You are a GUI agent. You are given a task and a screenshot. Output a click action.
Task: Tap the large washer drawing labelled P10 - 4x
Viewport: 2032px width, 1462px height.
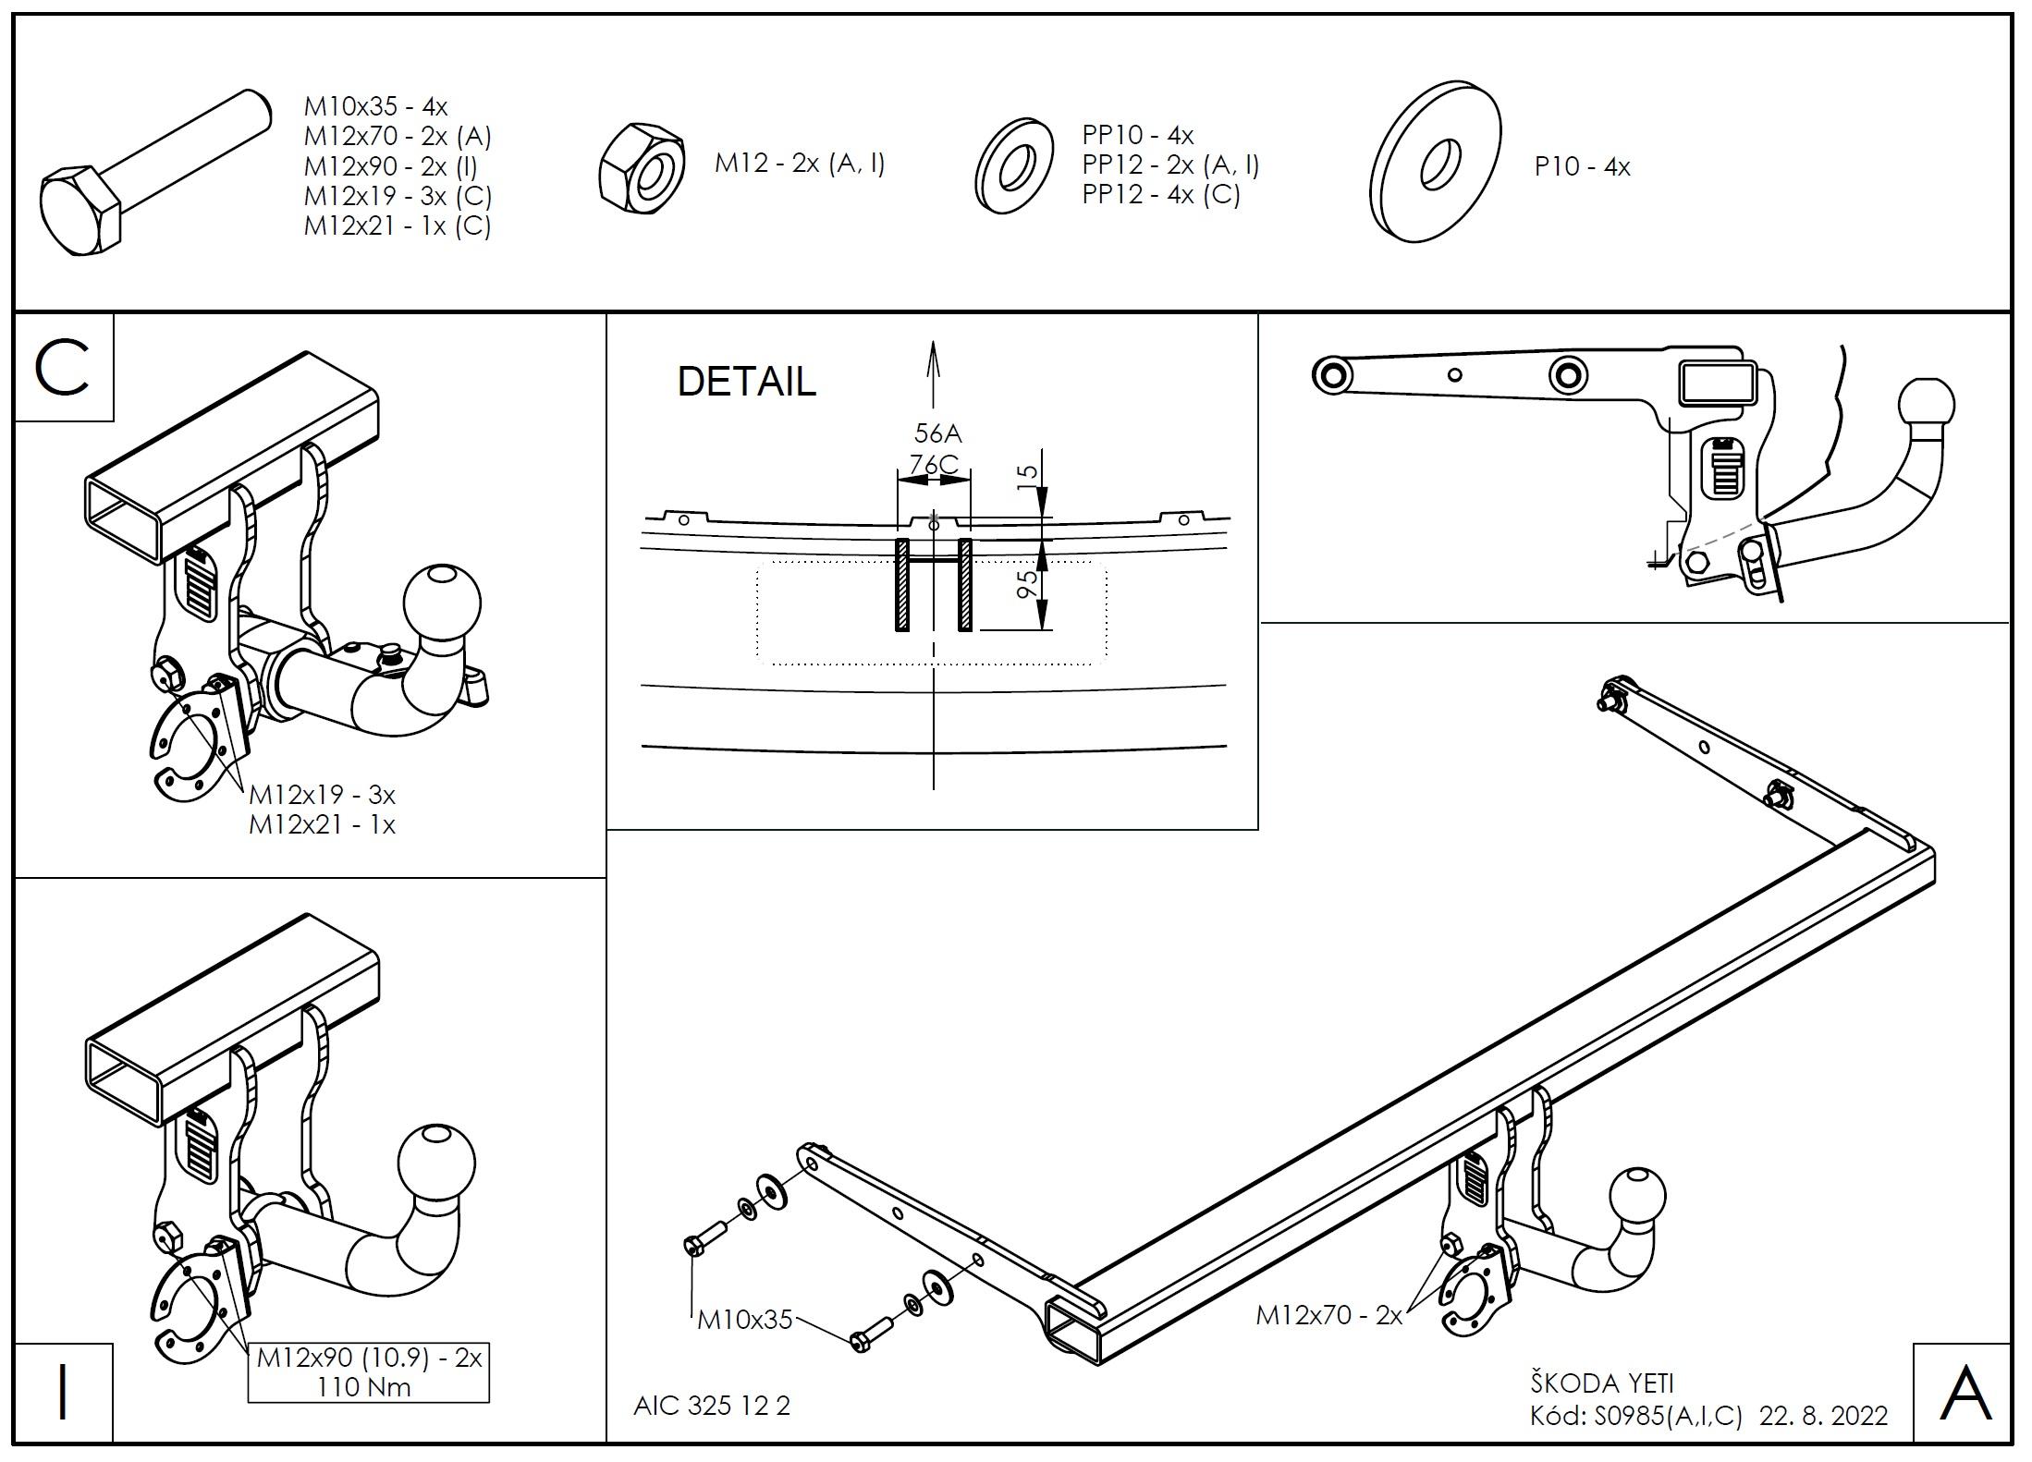[1435, 162]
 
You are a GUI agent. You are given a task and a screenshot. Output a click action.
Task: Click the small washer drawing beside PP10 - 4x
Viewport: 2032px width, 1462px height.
[1014, 166]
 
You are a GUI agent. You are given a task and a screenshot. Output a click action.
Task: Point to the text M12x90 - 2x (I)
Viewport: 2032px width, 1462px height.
[390, 166]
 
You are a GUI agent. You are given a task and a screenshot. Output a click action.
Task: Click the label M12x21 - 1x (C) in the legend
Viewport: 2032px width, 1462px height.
[397, 225]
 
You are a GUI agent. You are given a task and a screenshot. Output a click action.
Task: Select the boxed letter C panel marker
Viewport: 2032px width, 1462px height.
[63, 368]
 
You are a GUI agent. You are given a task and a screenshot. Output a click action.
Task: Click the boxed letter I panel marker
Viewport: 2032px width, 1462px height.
[63, 1393]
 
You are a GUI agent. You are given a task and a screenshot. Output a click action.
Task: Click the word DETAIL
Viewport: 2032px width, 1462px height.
[746, 382]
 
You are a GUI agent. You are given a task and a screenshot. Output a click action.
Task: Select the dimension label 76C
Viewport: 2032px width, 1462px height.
[933, 464]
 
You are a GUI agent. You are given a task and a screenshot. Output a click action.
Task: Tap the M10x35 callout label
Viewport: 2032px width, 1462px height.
[744, 1320]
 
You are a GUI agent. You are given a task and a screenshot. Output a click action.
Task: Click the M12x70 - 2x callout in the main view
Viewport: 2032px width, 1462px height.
[1328, 1315]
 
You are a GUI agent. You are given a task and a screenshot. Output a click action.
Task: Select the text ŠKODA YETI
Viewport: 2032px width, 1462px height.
[1601, 1383]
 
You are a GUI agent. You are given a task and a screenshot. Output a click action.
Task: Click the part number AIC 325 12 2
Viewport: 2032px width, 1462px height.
[712, 1406]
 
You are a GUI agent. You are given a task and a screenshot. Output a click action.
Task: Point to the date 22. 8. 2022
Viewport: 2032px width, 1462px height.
[1823, 1416]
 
